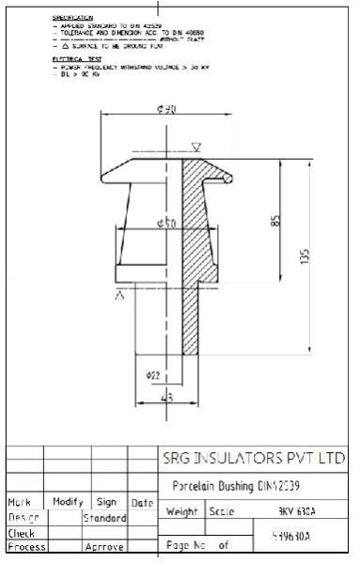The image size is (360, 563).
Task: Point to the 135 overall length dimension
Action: tap(305, 256)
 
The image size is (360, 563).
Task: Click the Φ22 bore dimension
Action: tap(153, 374)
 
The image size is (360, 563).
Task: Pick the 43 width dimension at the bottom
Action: tap(167, 398)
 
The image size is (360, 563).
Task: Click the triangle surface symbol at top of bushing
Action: tap(196, 147)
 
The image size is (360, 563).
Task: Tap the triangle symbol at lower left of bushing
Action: tap(120, 295)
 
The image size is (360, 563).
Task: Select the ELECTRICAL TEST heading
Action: tap(71, 57)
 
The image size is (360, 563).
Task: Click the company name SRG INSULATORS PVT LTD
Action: tap(251, 459)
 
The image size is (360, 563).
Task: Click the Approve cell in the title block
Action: tap(104, 545)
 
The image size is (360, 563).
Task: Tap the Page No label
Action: tap(185, 543)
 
